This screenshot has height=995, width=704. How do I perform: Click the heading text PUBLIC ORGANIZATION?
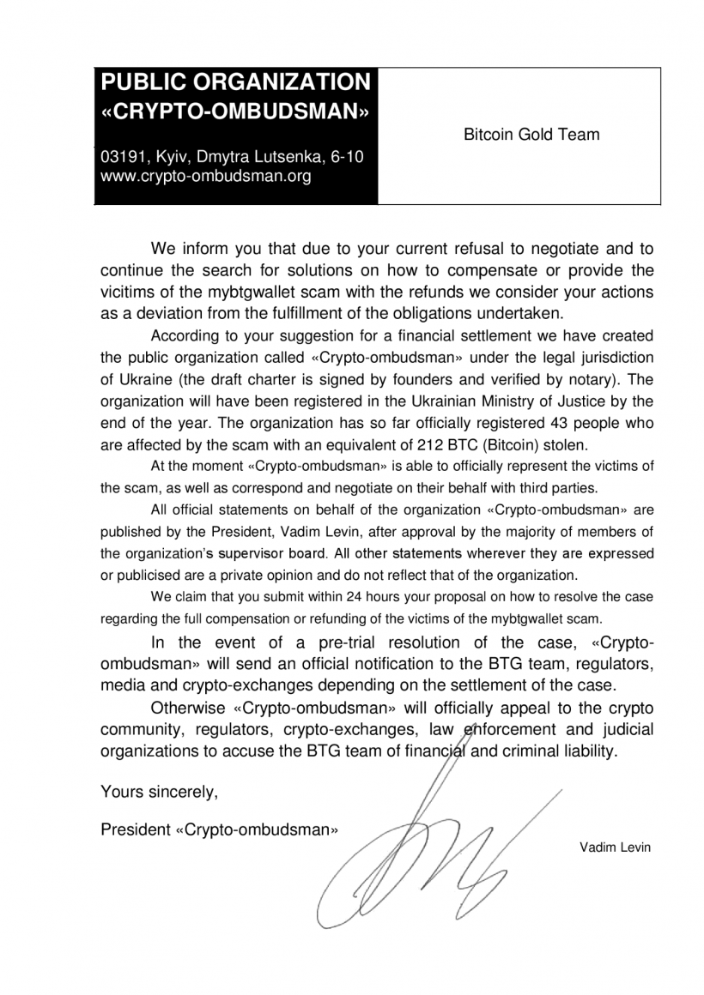(x=236, y=83)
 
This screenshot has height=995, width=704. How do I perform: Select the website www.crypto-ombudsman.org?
(x=205, y=178)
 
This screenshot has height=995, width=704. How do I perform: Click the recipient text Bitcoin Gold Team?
(x=531, y=135)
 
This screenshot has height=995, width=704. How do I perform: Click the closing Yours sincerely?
(x=160, y=792)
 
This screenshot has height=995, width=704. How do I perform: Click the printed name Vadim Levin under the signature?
(x=615, y=847)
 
